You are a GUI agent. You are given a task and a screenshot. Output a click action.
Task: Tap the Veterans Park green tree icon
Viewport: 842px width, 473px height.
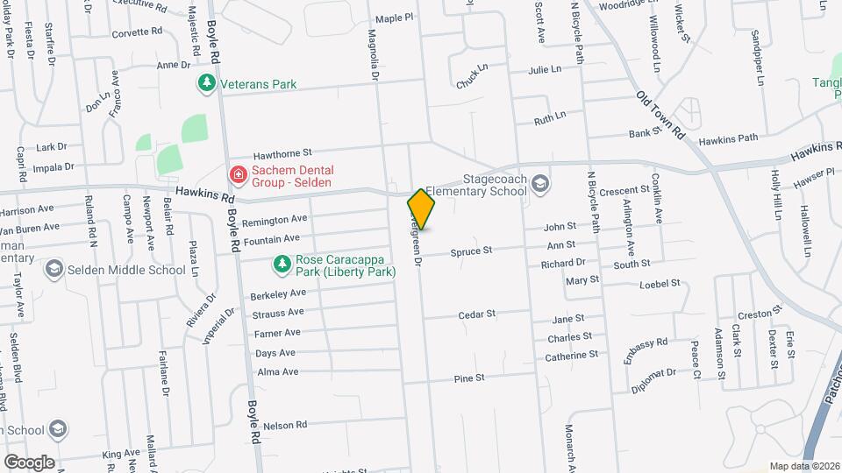click(206, 84)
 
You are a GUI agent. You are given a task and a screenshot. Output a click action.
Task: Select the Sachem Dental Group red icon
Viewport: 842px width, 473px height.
click(237, 175)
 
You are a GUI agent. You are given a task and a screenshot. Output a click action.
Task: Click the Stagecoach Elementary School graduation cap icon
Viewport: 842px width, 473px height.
click(540, 183)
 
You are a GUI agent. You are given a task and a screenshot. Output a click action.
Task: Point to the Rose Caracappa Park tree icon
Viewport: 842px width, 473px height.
click(282, 263)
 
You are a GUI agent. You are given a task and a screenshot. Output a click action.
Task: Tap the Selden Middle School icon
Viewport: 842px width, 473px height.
click(54, 270)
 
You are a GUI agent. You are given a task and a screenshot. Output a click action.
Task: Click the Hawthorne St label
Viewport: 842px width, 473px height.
click(282, 152)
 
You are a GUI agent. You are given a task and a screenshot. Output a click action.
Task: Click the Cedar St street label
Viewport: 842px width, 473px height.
click(477, 314)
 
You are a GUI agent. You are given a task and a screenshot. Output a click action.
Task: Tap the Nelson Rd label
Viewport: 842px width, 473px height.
click(285, 425)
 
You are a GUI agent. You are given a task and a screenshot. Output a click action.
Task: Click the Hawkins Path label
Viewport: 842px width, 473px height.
click(728, 138)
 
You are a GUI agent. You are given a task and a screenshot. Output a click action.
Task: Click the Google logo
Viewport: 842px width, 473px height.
click(29, 462)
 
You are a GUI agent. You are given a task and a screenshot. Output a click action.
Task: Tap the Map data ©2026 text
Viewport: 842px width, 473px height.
click(803, 466)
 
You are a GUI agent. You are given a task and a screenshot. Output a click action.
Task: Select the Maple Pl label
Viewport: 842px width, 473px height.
click(394, 18)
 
